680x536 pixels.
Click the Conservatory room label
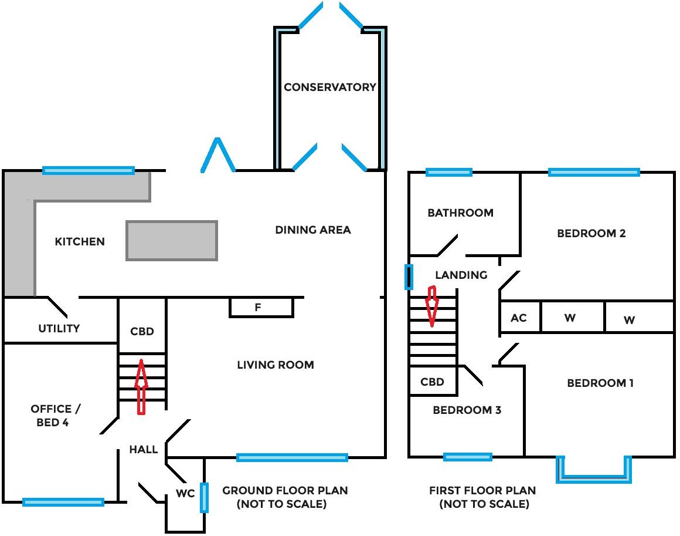pos(330,87)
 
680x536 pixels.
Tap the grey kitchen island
pos(172,240)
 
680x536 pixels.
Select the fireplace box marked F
pos(260,307)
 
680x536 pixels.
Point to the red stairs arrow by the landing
pos(432,305)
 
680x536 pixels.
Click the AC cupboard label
pos(519,318)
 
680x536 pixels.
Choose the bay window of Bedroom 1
pos(594,477)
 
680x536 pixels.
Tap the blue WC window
pos(204,497)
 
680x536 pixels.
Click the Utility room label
pos(59,328)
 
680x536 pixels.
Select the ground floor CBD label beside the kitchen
pos(142,331)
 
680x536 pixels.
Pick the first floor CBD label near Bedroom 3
pos(433,382)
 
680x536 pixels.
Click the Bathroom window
pos(448,172)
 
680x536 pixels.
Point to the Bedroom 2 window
pos(593,172)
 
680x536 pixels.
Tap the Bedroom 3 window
pos(467,457)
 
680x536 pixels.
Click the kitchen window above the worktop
pos(89,170)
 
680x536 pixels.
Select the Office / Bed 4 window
pos(63,502)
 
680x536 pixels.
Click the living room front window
pos(292,457)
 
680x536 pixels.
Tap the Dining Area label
pos(313,230)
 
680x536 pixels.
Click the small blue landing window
pos(409,277)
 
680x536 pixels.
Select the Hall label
pos(144,449)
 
